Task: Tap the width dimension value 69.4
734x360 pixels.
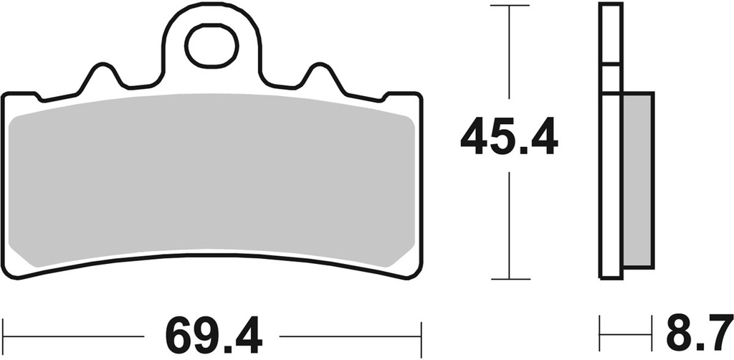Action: click(213, 335)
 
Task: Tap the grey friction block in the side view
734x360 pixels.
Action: click(638, 179)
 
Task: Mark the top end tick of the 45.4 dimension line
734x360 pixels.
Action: click(508, 6)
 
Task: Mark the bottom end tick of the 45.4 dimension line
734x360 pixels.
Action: click(508, 279)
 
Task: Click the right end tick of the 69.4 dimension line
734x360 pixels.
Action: click(421, 335)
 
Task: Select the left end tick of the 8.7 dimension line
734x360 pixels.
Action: click(600, 335)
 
